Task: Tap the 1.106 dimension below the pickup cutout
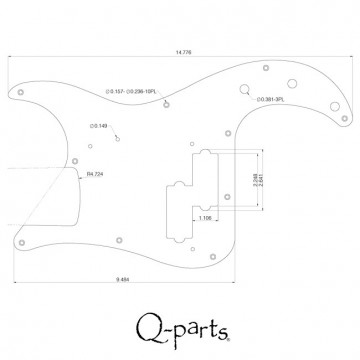click(x=204, y=217)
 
